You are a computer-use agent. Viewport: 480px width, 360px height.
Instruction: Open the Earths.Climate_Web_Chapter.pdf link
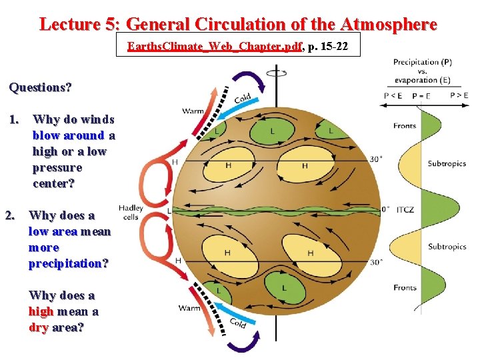[214, 47]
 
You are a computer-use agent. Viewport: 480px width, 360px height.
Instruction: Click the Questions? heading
[41, 87]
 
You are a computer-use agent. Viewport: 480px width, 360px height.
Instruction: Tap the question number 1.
[15, 119]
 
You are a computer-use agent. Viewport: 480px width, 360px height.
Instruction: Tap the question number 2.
[10, 215]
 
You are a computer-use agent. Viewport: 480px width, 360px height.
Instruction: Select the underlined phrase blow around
[69, 135]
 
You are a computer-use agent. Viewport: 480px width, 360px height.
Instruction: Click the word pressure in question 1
[57, 167]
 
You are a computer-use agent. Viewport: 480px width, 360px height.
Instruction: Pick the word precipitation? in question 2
[68, 263]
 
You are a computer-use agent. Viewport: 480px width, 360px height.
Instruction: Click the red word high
[41, 311]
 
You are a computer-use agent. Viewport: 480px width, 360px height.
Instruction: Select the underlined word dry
[38, 327]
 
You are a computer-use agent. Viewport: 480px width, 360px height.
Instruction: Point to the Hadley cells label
[131, 212]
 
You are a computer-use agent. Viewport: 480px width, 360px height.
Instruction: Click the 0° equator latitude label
[385, 209]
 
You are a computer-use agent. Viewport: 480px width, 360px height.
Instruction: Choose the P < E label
[393, 95]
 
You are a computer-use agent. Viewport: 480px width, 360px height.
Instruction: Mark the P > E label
[459, 95]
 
